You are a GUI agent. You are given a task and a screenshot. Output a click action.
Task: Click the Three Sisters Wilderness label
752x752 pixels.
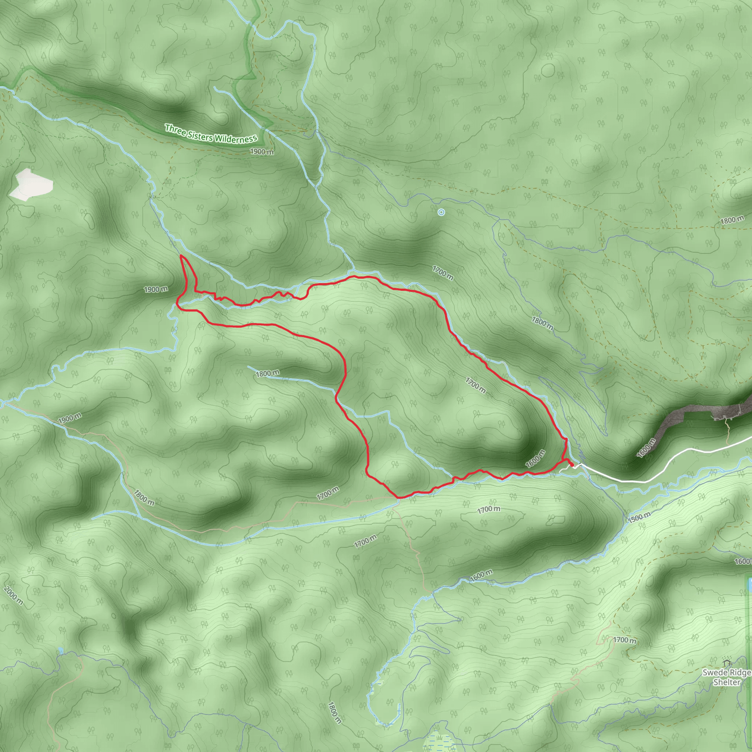point(211,134)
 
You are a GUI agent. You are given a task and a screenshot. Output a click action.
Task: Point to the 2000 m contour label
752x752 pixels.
point(14,596)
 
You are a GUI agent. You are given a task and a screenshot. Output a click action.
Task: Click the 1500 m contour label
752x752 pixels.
point(640,517)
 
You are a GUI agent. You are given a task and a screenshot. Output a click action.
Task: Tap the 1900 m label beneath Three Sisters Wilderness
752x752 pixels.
point(261,151)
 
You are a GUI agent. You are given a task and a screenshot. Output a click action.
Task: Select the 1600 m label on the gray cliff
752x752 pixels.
point(646,448)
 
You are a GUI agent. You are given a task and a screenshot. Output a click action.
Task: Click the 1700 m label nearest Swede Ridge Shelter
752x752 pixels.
point(625,640)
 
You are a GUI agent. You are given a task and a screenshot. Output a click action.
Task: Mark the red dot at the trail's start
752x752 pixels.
point(572,465)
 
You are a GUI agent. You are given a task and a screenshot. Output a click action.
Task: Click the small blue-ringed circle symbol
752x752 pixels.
point(441,212)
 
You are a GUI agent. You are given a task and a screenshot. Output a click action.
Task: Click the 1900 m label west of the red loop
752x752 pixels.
point(156,289)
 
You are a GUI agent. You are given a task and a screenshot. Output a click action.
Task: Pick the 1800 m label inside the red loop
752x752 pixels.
point(267,373)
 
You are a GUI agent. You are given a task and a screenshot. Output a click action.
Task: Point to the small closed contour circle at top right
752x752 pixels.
point(548,70)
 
